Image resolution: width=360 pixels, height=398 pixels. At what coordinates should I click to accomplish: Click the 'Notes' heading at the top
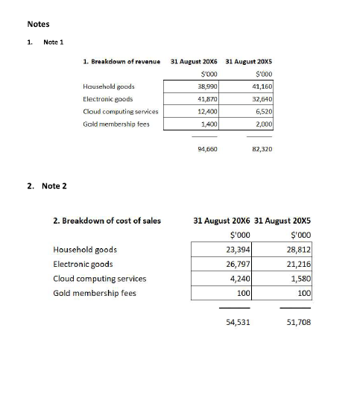(38, 25)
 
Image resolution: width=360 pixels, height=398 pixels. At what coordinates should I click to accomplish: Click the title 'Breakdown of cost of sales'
(107, 221)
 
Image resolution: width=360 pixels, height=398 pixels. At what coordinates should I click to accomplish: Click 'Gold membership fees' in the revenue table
(116, 124)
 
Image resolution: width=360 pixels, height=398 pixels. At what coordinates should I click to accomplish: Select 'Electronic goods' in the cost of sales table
(83, 264)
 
